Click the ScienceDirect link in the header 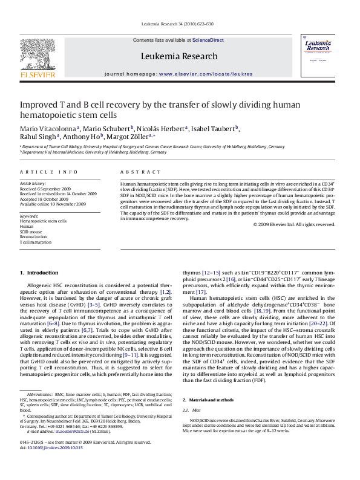208,40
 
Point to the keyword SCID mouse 31,232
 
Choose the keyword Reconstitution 33,238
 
